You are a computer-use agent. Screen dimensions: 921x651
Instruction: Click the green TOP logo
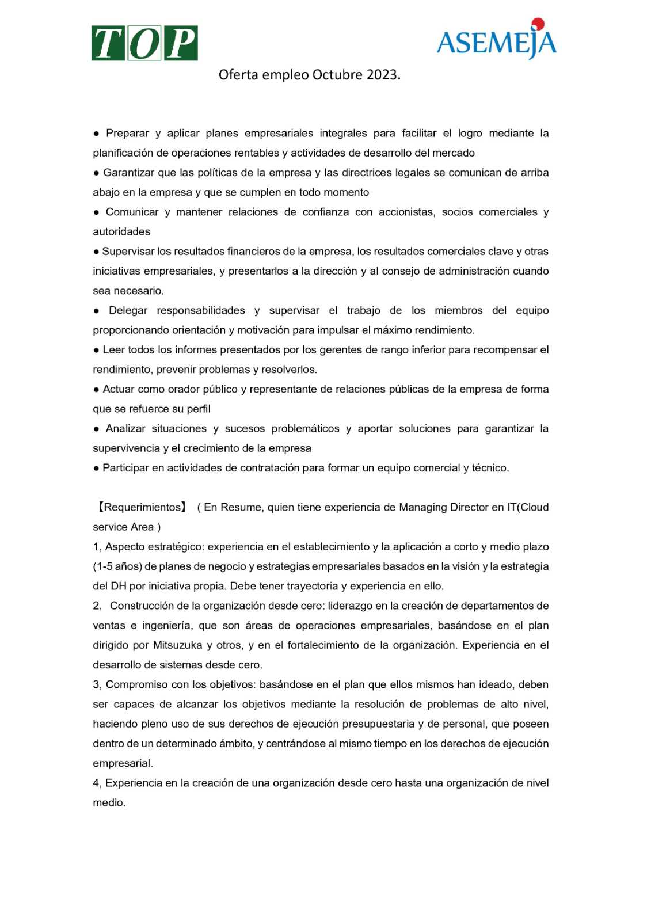tap(144, 43)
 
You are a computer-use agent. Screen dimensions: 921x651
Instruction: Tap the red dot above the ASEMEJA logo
tap(538, 24)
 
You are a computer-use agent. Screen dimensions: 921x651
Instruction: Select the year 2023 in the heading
tap(382, 75)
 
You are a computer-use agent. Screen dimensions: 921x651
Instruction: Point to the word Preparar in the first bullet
tap(127, 134)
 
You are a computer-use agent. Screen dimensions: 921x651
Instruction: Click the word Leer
tap(113, 350)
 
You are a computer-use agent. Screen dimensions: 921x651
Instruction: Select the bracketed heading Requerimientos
tap(142, 507)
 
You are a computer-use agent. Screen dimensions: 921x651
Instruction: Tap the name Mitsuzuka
tap(178, 645)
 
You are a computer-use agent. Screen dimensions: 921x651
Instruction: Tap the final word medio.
tap(109, 802)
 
